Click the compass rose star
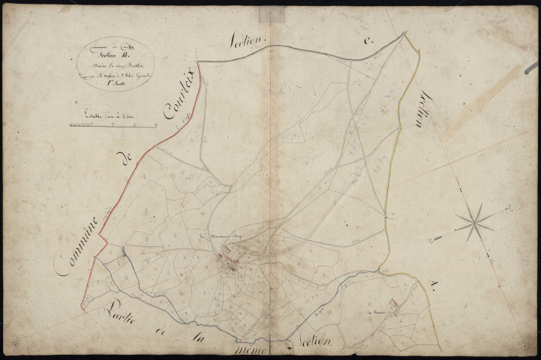pyautogui.click(x=475, y=220)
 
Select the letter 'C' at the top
pyautogui.click(x=368, y=43)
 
